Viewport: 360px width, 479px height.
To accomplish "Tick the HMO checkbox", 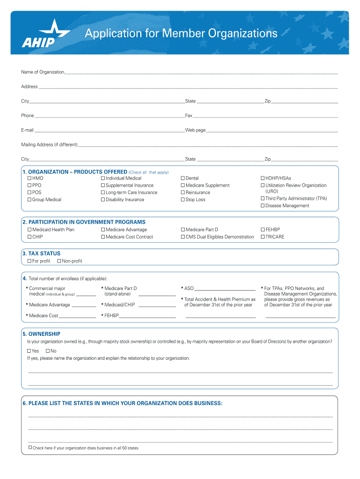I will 29,178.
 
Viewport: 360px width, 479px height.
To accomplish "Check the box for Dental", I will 183,178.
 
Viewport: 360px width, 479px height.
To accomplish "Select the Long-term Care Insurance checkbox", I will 103,192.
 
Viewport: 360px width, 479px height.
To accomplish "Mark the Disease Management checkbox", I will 263,206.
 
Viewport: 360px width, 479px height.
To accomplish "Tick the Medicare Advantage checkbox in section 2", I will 103,230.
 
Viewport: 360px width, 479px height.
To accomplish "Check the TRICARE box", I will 263,237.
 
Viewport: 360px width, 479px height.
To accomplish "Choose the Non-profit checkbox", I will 59,261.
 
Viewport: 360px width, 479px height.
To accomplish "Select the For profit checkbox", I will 29,261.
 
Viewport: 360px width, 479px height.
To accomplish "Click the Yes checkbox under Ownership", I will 29,351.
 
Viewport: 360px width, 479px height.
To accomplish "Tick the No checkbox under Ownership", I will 47,351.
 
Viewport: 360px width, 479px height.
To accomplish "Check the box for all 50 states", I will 30,448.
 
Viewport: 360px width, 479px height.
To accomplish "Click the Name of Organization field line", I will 201,73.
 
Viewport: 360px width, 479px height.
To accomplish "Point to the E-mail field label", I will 27,130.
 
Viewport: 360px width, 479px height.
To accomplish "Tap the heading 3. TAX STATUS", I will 41,254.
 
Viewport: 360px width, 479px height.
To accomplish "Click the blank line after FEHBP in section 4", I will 147,317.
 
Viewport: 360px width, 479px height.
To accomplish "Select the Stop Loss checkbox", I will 183,200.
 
